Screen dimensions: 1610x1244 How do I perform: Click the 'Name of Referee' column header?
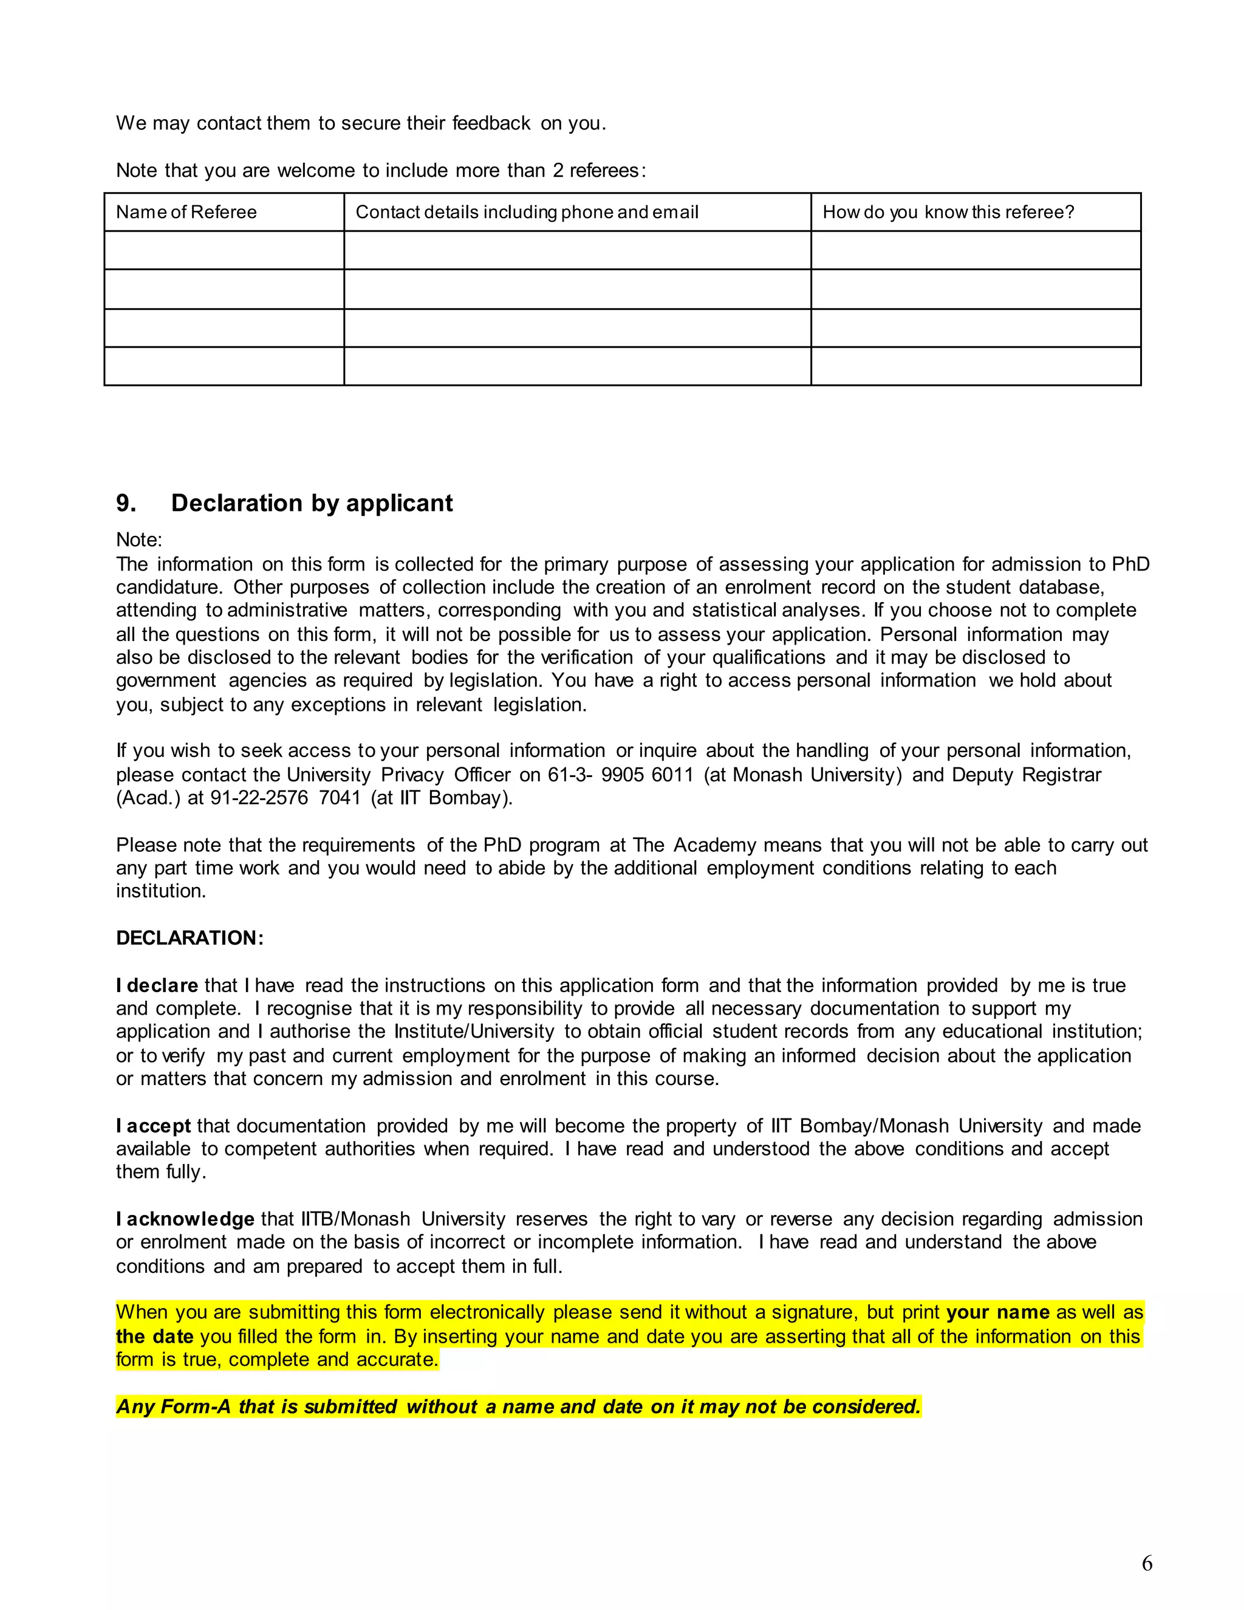point(186,212)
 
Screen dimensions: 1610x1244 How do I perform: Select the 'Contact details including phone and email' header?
point(527,212)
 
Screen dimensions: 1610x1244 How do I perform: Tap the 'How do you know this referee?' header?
point(948,212)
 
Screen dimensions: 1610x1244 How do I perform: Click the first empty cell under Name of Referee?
point(224,251)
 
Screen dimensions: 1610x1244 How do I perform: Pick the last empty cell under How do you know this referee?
point(975,366)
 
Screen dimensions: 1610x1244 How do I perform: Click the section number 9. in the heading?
point(126,504)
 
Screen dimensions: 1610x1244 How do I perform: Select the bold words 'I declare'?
point(157,985)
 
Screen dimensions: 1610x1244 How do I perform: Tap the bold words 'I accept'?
point(153,1126)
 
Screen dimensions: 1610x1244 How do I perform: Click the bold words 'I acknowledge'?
point(185,1219)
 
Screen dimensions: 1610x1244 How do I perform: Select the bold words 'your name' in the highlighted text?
point(997,1312)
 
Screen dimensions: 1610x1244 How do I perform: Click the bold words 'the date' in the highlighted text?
point(155,1337)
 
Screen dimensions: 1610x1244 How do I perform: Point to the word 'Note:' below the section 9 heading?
point(138,540)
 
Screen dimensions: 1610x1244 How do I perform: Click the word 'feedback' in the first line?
point(491,123)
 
